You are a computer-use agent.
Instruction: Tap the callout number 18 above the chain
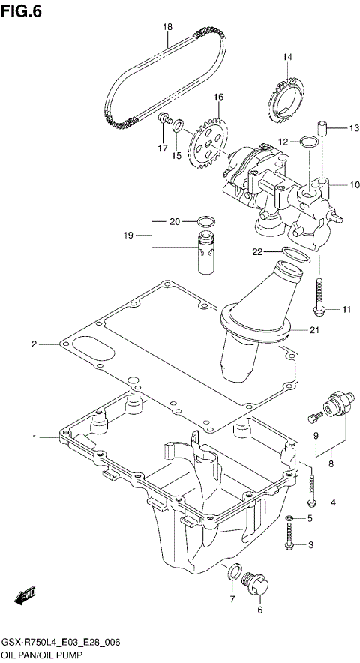click(x=168, y=27)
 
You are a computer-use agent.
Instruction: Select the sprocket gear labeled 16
click(x=208, y=142)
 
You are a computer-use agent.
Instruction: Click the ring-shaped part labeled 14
click(x=284, y=97)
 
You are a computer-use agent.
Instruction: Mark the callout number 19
click(x=128, y=235)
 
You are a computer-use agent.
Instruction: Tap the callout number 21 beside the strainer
click(x=315, y=328)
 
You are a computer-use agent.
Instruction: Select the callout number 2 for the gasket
click(x=34, y=344)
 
